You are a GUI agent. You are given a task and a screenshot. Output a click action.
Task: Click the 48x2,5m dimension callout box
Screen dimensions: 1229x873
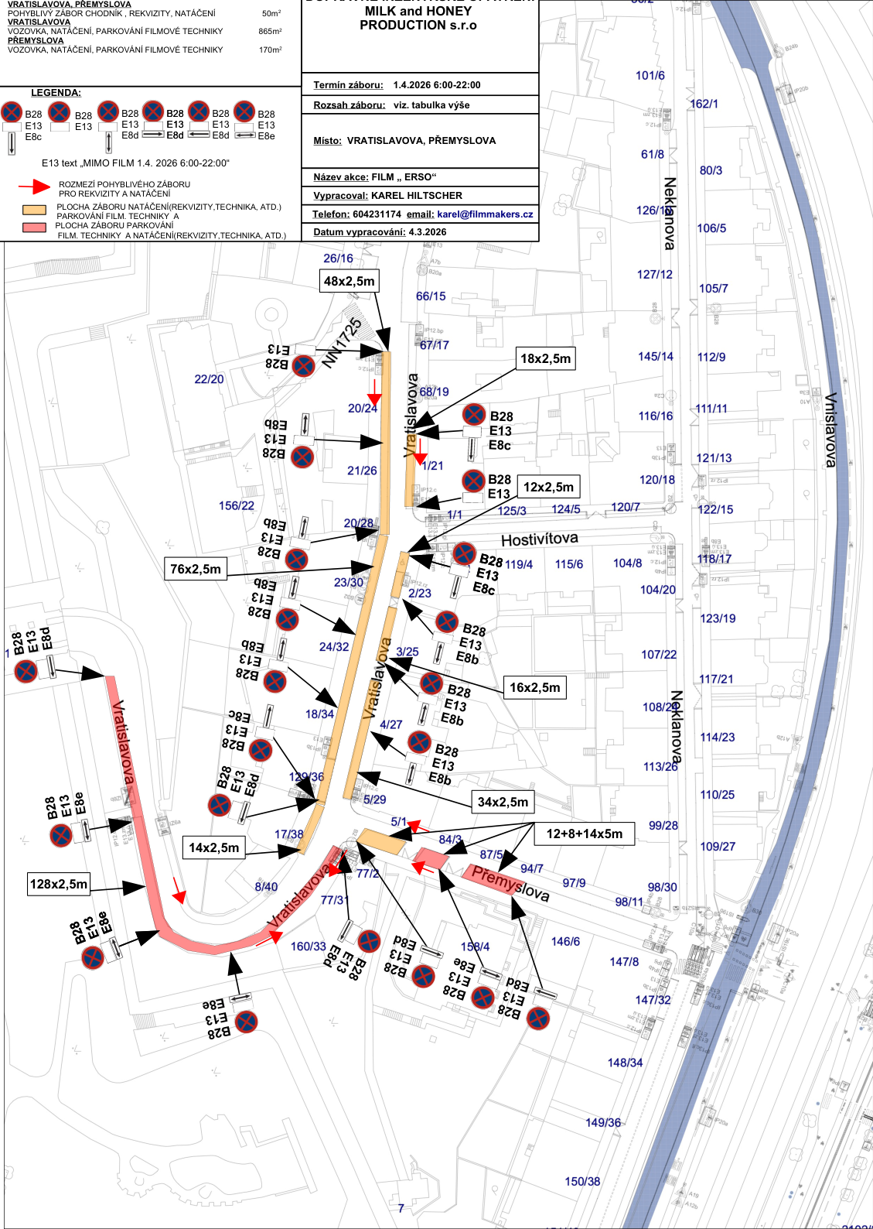[350, 281]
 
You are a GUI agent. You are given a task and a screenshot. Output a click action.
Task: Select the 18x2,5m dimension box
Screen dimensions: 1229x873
[545, 358]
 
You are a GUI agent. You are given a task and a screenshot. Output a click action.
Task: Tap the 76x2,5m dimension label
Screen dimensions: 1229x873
[196, 569]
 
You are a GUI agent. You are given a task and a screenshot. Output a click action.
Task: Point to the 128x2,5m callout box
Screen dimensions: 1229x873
[59, 884]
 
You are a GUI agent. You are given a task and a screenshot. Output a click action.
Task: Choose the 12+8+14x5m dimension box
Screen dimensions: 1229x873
[584, 834]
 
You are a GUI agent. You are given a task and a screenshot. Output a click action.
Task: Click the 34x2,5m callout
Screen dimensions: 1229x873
[503, 802]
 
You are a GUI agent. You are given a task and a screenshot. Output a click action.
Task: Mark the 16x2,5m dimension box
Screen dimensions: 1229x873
[534, 687]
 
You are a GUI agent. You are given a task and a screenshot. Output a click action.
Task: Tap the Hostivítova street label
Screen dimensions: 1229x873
[539, 539]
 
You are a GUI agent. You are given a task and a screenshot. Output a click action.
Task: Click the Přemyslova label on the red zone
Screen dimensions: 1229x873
[510, 884]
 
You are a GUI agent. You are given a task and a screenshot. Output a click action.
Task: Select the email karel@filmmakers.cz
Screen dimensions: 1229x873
[485, 214]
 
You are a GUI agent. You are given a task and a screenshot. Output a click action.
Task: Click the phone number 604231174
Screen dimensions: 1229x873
[377, 214]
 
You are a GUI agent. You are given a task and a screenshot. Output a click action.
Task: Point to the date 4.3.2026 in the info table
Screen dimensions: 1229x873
[428, 232]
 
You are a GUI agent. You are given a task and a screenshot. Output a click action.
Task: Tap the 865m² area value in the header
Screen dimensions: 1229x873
[270, 32]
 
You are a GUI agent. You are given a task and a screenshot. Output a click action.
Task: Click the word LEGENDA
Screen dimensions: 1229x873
[56, 93]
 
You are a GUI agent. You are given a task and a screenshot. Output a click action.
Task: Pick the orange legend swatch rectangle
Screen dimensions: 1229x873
[34, 210]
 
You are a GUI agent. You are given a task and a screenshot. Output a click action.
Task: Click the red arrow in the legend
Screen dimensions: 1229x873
[34, 187]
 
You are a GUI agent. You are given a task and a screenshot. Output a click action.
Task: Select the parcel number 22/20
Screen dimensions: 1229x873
[209, 379]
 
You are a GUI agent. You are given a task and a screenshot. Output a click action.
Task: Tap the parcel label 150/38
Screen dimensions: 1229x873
[582, 1181]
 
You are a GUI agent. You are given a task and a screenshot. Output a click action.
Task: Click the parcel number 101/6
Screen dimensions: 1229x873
[650, 76]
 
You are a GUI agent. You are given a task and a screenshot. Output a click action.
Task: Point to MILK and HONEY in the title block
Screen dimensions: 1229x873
[418, 12]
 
